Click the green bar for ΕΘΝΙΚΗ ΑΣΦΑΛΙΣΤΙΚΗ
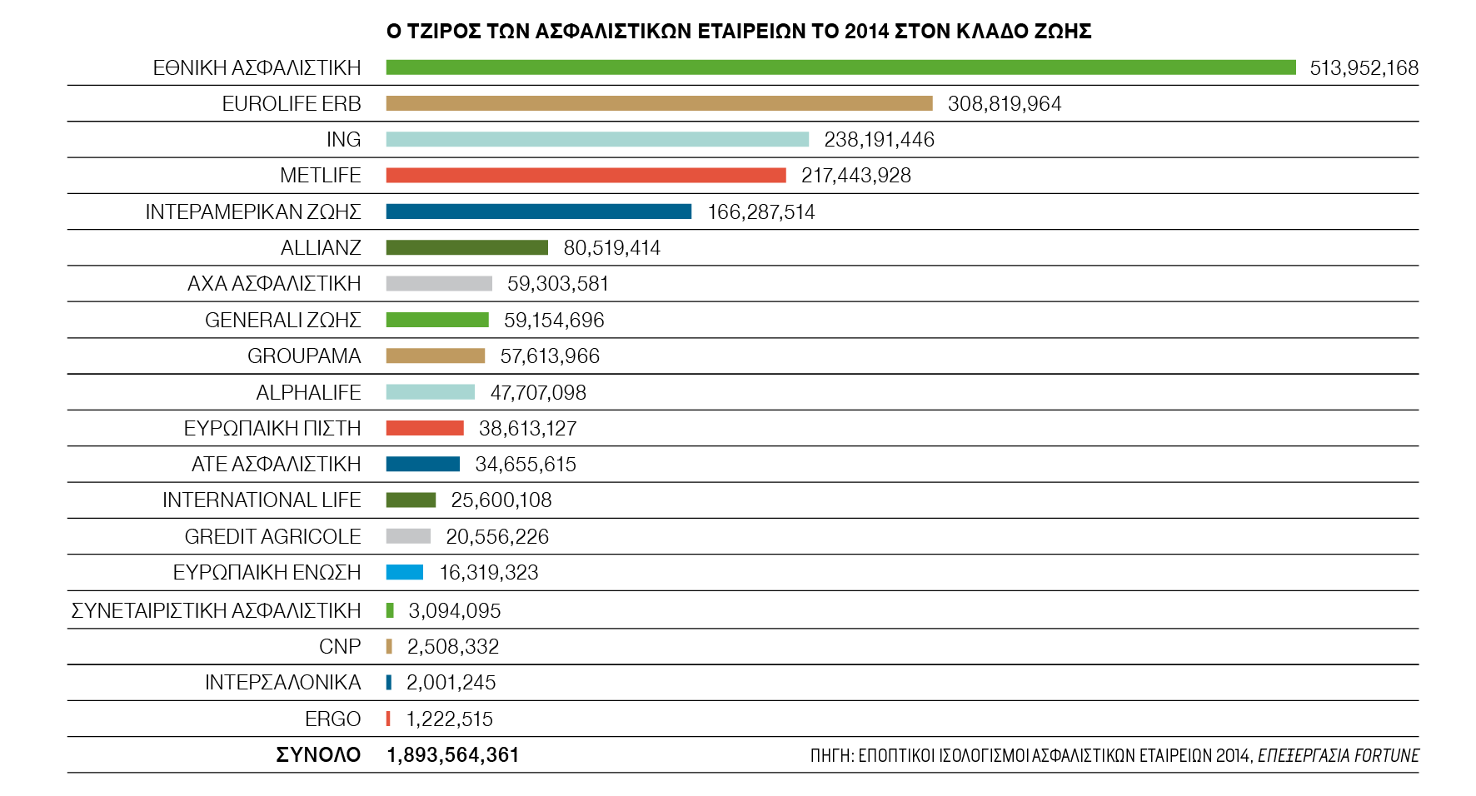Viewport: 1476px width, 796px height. (x=840, y=67)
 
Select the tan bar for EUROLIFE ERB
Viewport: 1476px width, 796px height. (x=659, y=103)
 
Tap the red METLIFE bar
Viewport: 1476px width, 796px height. (x=586, y=175)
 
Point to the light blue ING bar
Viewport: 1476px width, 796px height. (x=597, y=139)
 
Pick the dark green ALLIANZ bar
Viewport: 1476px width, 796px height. (x=466, y=247)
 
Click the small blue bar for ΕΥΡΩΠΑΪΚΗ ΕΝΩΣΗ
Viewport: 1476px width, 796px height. (x=405, y=572)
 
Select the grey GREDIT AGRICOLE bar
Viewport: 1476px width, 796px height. (x=408, y=536)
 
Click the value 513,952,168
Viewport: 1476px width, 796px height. (x=1364, y=68)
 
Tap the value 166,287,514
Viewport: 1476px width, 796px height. (x=760, y=212)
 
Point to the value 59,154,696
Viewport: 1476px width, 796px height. (x=554, y=321)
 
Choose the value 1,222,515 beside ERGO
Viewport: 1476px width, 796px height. (x=449, y=719)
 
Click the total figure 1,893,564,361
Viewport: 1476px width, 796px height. (x=453, y=755)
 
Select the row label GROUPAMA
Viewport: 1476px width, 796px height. (x=304, y=356)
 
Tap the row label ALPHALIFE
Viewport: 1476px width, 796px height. (x=308, y=392)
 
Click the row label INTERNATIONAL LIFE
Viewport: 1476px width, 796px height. (x=262, y=500)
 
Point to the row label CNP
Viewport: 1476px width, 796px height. (x=340, y=647)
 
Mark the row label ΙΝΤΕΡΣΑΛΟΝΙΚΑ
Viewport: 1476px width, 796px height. (x=282, y=683)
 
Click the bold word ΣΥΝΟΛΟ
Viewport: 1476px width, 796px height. (x=318, y=755)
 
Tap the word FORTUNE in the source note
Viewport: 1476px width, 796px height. (x=1386, y=755)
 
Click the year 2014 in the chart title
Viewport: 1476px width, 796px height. (x=866, y=32)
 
